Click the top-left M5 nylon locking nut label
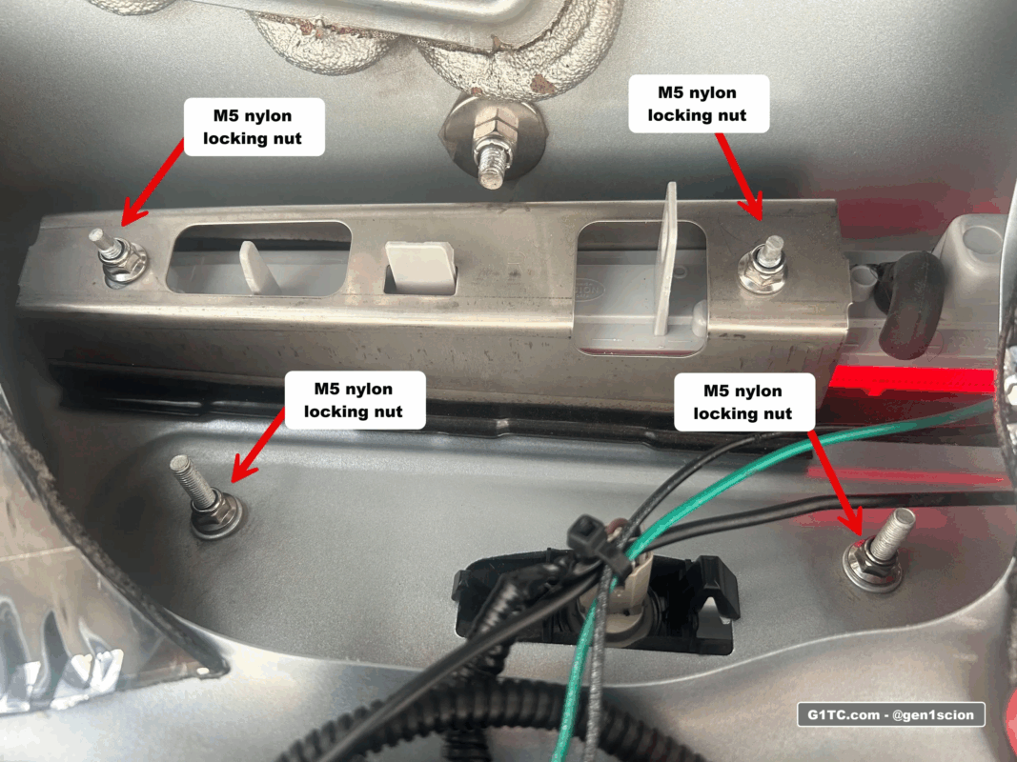255,127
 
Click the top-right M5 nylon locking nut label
697,104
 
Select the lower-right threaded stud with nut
877,552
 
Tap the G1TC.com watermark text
890,714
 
